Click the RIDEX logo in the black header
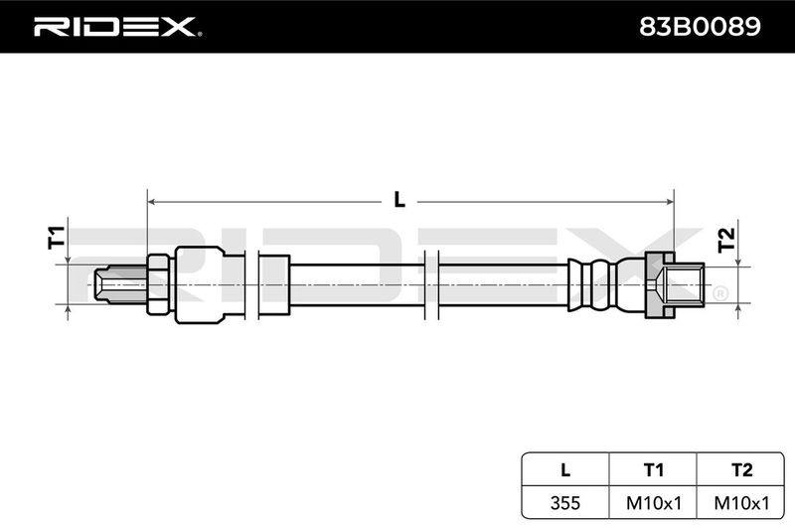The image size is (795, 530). (117, 27)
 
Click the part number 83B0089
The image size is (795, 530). (700, 27)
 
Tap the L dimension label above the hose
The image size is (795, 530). (399, 200)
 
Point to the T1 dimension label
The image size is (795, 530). (57, 238)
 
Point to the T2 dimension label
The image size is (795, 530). (726, 240)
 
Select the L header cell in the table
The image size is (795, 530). (565, 469)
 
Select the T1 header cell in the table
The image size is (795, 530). (653, 469)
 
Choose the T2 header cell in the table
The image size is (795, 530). (740, 469)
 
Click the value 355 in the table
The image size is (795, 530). (565, 503)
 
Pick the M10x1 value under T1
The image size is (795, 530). (654, 503)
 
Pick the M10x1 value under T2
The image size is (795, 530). (741, 503)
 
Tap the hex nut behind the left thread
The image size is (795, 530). (160, 285)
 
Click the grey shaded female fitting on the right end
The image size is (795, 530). (675, 285)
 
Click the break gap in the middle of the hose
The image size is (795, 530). (431, 285)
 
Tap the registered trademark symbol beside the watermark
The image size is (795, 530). (719, 293)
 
